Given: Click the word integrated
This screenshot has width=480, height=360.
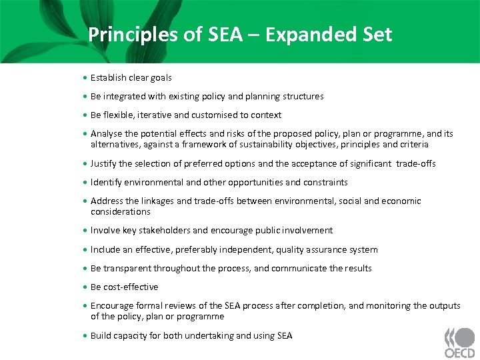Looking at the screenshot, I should pyautogui.click(x=125, y=96).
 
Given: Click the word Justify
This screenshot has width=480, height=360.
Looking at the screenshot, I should pyautogui.click(x=104, y=163).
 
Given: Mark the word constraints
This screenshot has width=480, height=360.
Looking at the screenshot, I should pyautogui.click(x=325, y=182).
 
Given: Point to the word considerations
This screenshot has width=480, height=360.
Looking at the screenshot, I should pyautogui.click(x=121, y=211).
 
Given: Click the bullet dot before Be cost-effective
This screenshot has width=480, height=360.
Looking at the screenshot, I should pyautogui.click(x=86, y=287).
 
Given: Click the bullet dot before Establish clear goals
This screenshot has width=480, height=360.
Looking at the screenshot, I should pyautogui.click(x=86, y=78).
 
